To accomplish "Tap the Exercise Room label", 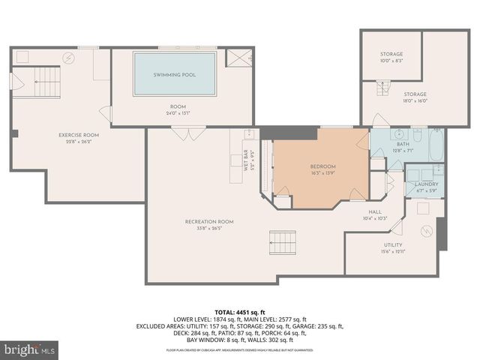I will click(x=79, y=135).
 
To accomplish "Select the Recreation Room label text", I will click(x=209, y=221).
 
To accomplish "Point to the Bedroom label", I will click(x=322, y=166).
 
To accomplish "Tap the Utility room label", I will click(x=393, y=244).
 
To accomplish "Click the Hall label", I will click(x=375, y=212).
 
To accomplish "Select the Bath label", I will click(x=403, y=144).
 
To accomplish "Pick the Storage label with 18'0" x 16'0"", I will click(x=415, y=94).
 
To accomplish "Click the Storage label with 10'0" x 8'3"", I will click(x=391, y=54).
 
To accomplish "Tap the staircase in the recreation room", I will click(x=283, y=242).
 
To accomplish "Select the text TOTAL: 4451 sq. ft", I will click(x=239, y=312).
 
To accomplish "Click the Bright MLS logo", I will click(x=30, y=349).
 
